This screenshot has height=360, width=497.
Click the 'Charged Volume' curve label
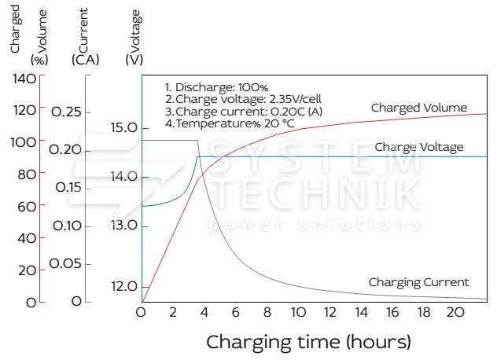coord(419,108)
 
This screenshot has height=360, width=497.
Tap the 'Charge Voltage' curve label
coord(418,147)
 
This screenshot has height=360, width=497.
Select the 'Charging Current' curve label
coord(418,282)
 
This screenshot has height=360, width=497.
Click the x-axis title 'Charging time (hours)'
coord(308,343)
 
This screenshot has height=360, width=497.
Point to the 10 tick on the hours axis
coord(298,313)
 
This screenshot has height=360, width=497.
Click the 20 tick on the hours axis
coord(455,313)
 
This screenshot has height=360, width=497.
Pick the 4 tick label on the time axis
coord(204,313)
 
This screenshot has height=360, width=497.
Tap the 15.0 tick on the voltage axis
coord(124,128)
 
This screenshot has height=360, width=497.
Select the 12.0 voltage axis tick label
coord(123,286)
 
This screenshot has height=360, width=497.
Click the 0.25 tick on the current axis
coord(66,112)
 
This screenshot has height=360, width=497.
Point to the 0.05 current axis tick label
coord(66,264)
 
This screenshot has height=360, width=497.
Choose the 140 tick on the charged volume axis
coord(25,78)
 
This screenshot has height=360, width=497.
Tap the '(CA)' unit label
coord(84,60)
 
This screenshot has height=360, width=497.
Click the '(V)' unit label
coord(134,60)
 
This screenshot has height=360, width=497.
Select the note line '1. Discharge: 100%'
coord(216,87)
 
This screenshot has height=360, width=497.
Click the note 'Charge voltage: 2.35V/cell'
coord(229,99)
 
